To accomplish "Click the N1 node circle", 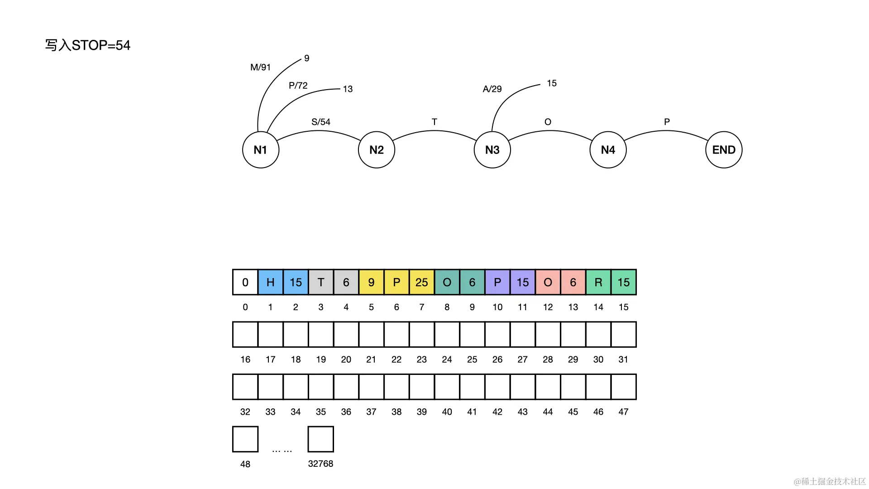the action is point(260,150).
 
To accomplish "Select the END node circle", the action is point(724,150).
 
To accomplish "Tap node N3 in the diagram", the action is point(492,150).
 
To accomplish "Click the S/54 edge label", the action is point(321,122).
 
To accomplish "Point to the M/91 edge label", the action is point(260,67).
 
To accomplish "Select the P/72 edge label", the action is point(298,86).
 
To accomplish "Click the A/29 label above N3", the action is point(492,89).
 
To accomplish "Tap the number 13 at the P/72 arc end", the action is point(348,89).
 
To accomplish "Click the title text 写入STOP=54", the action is point(88,45).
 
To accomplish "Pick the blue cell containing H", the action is point(271,282).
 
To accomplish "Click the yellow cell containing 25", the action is point(422,282).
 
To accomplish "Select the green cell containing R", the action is point(598,282).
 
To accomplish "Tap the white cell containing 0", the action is point(245,282).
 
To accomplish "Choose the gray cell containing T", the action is point(321,282).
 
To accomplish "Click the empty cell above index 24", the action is point(447,335).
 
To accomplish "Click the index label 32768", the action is point(320,464).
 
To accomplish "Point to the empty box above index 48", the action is point(245,439).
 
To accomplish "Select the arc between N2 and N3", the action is point(434,131).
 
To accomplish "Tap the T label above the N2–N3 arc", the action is point(434,122).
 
